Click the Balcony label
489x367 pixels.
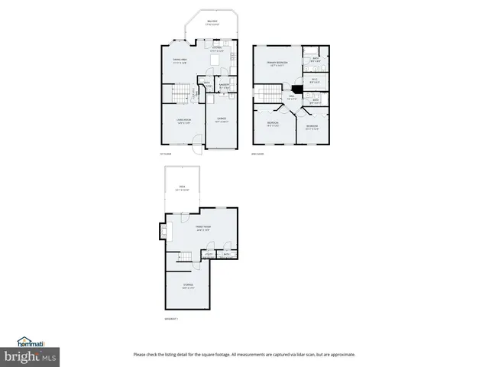[212, 23]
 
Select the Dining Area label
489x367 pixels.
[180, 61]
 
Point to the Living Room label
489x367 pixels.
[183, 120]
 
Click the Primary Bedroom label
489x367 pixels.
[277, 64]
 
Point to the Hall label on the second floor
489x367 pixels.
[291, 97]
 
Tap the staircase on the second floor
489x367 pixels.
[267, 93]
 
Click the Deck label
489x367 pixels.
[182, 187]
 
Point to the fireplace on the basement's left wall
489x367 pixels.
[163, 230]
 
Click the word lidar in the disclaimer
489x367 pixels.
[303, 354]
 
